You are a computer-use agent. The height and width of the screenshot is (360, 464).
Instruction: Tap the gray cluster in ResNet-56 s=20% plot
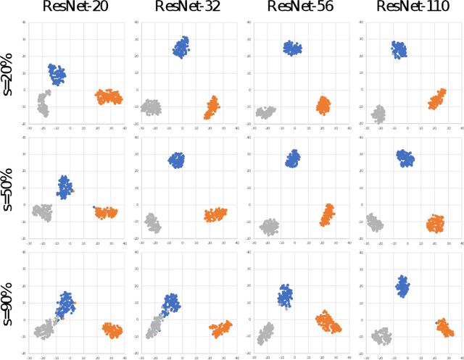266,112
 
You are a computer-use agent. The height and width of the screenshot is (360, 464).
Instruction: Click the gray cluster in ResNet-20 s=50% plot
43,212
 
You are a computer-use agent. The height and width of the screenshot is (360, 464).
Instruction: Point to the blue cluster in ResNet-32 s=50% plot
177,161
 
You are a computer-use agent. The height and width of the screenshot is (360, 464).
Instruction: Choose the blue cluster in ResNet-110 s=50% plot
405,158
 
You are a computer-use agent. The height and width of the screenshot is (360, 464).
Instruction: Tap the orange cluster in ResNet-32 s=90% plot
220,328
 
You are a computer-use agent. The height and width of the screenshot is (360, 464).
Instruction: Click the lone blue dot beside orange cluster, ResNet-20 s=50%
94,207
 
